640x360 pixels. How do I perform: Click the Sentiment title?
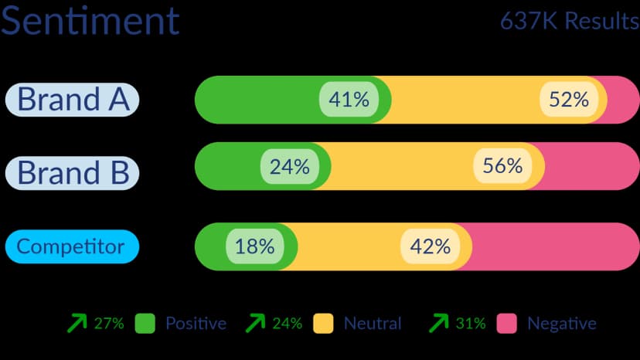pyautogui.click(x=90, y=21)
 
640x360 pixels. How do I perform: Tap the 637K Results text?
pyautogui.click(x=569, y=21)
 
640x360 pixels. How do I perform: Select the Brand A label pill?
pyautogui.click(x=73, y=100)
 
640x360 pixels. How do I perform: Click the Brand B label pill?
pyautogui.click(x=73, y=172)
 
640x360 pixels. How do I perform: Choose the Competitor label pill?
pyautogui.click(x=71, y=246)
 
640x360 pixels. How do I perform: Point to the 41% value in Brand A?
pyautogui.click(x=349, y=100)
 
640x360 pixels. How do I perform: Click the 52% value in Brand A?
pyautogui.click(x=569, y=100)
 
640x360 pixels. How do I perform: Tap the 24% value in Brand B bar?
pyautogui.click(x=290, y=166)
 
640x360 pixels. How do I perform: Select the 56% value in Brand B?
pyautogui.click(x=502, y=166)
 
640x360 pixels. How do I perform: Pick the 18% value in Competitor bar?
pyautogui.click(x=255, y=246)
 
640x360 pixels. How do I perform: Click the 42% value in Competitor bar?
pyautogui.click(x=431, y=246)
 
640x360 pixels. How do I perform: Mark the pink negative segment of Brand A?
pyautogui.click(x=623, y=100)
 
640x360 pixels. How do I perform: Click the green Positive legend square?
pyautogui.click(x=145, y=324)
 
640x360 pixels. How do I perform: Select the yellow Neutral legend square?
pyautogui.click(x=323, y=324)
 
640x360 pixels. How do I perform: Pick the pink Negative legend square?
pyautogui.click(x=506, y=324)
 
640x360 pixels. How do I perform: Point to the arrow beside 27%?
pyautogui.click(x=77, y=324)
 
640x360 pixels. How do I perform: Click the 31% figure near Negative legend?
pyautogui.click(x=471, y=324)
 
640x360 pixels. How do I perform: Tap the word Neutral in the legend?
pyautogui.click(x=373, y=324)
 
